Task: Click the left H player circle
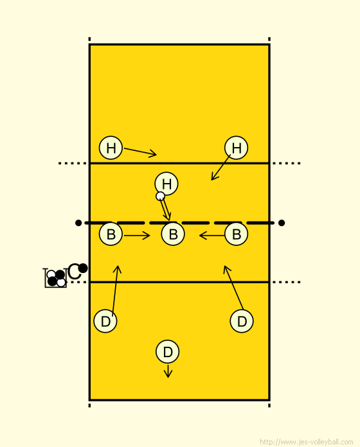click(x=111, y=148)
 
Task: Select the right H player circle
click(x=236, y=148)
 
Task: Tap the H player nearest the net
click(x=166, y=184)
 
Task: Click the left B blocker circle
click(x=111, y=234)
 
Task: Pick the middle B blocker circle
click(x=173, y=234)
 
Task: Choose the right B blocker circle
click(x=236, y=234)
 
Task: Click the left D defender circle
click(x=105, y=321)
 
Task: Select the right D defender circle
click(x=242, y=321)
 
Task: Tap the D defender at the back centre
click(x=168, y=352)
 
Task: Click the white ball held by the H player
click(x=160, y=196)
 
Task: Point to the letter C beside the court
click(x=75, y=272)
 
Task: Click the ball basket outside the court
click(x=55, y=278)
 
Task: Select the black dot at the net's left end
click(x=78, y=223)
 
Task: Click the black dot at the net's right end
click(x=282, y=223)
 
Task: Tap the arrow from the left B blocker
click(x=137, y=236)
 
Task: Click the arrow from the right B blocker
click(x=212, y=236)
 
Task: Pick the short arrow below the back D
click(x=168, y=371)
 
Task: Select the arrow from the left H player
click(x=140, y=152)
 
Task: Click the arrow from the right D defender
click(x=233, y=287)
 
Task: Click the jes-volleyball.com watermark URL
click(x=307, y=442)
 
